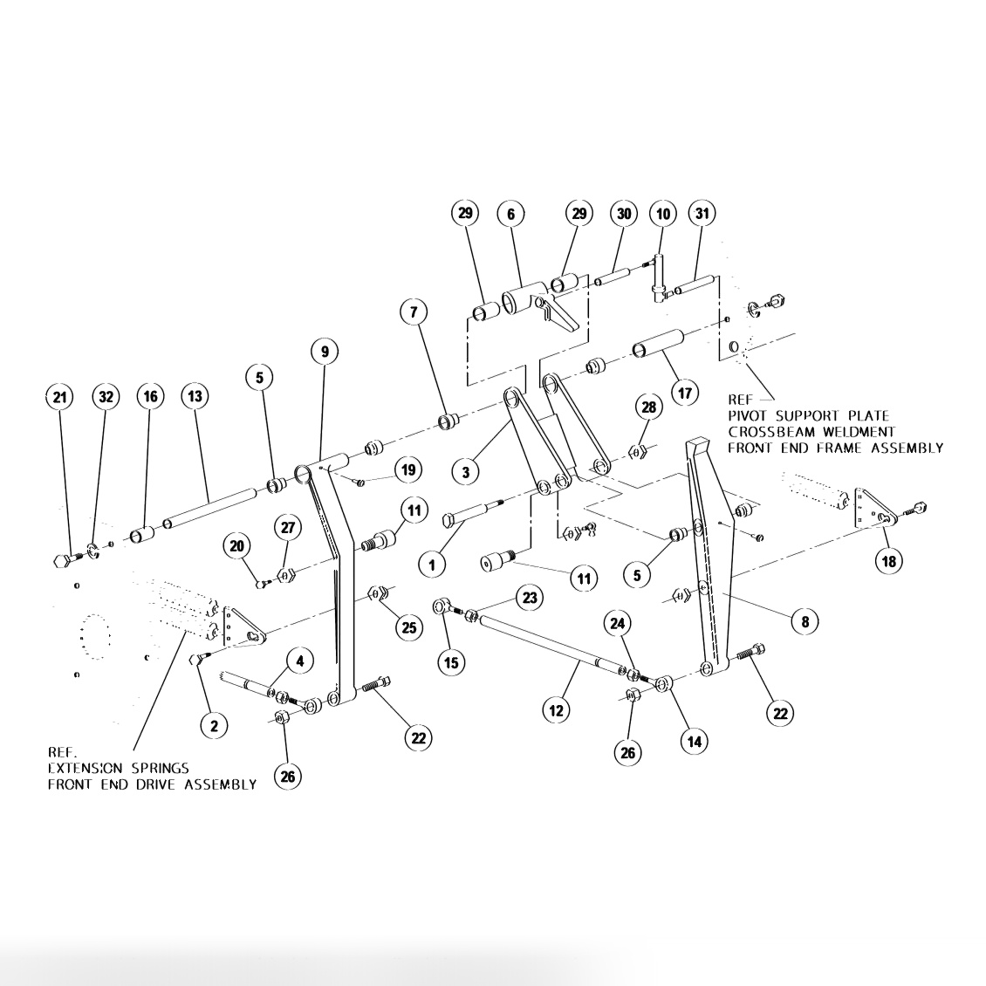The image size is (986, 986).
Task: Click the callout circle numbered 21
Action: tap(59, 397)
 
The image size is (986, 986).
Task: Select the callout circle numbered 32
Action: tap(106, 397)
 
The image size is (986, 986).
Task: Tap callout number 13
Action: tap(195, 397)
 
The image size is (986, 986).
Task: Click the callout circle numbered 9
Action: tap(325, 352)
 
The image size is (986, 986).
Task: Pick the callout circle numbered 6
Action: tap(511, 214)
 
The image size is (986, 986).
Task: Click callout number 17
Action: tap(684, 393)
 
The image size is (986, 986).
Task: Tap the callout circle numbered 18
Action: tap(889, 560)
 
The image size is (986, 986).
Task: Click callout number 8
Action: tap(805, 621)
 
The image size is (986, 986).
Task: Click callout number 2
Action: tap(214, 723)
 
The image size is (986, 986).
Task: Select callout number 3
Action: tap(467, 472)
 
